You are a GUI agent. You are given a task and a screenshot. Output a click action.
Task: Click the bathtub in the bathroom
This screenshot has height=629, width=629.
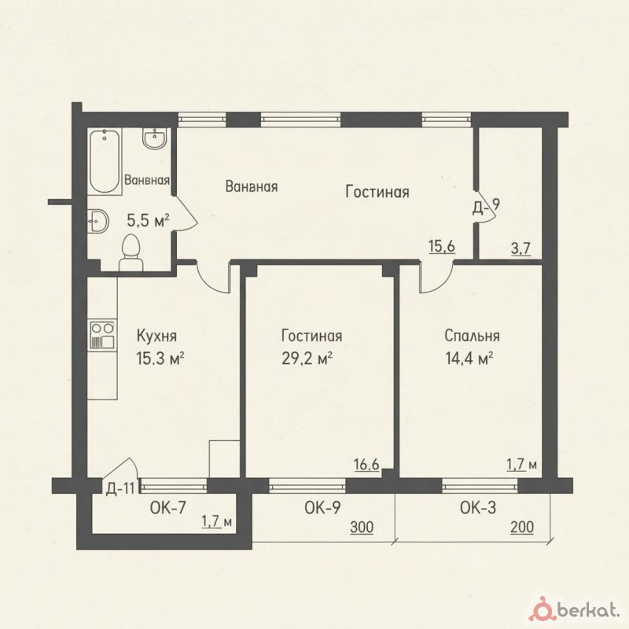(105, 161)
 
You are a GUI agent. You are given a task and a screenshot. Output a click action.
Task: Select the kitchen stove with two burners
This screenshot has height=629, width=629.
(102, 334)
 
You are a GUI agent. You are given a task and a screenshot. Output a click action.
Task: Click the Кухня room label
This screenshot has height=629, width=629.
(156, 336)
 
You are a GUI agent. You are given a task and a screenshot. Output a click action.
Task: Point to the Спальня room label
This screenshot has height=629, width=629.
(473, 336)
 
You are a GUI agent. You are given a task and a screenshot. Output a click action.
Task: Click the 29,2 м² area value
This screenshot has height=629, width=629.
(307, 359)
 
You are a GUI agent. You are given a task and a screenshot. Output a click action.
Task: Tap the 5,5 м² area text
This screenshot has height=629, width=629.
(148, 220)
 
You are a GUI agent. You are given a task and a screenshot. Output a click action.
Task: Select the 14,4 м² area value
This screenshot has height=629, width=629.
(469, 359)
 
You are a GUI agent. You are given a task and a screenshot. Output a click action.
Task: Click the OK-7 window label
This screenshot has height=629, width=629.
(168, 508)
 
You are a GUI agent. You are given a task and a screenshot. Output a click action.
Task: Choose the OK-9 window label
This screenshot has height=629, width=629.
(322, 508)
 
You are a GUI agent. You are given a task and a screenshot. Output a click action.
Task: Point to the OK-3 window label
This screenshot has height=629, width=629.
(478, 508)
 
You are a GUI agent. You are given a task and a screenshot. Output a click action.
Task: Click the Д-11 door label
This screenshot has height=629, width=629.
(120, 489)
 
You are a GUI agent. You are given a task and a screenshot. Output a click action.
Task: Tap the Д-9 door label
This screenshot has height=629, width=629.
(486, 207)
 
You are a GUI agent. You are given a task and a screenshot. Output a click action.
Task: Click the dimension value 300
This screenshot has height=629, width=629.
(362, 527)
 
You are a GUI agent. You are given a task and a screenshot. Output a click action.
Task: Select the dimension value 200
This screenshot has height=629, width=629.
(522, 527)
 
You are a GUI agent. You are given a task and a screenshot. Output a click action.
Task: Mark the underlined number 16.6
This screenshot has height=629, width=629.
(366, 465)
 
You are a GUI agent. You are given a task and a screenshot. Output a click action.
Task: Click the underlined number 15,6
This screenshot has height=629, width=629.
(442, 246)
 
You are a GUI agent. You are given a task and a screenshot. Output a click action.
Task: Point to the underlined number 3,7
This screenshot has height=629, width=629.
(520, 248)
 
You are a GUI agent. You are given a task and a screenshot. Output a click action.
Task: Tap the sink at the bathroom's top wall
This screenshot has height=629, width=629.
(154, 139)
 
